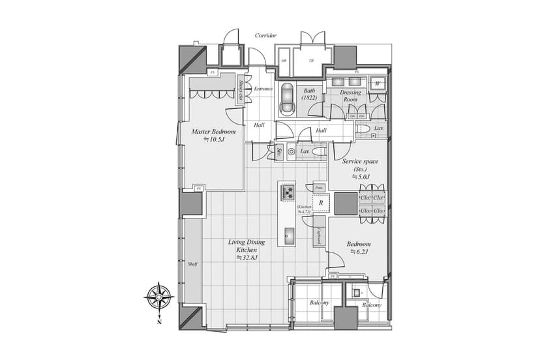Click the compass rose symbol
pos(158,297)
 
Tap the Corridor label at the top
pos(266,35)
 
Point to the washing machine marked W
pos(378,84)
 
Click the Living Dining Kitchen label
pos(247,250)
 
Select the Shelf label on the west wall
pos(192,263)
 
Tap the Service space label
pos(361,168)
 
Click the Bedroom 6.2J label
pos(359,247)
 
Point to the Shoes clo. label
pos(241,91)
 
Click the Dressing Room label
pos(351,96)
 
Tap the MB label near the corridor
pos(284,60)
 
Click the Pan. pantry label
pos(320,187)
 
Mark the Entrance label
pos(263,89)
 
